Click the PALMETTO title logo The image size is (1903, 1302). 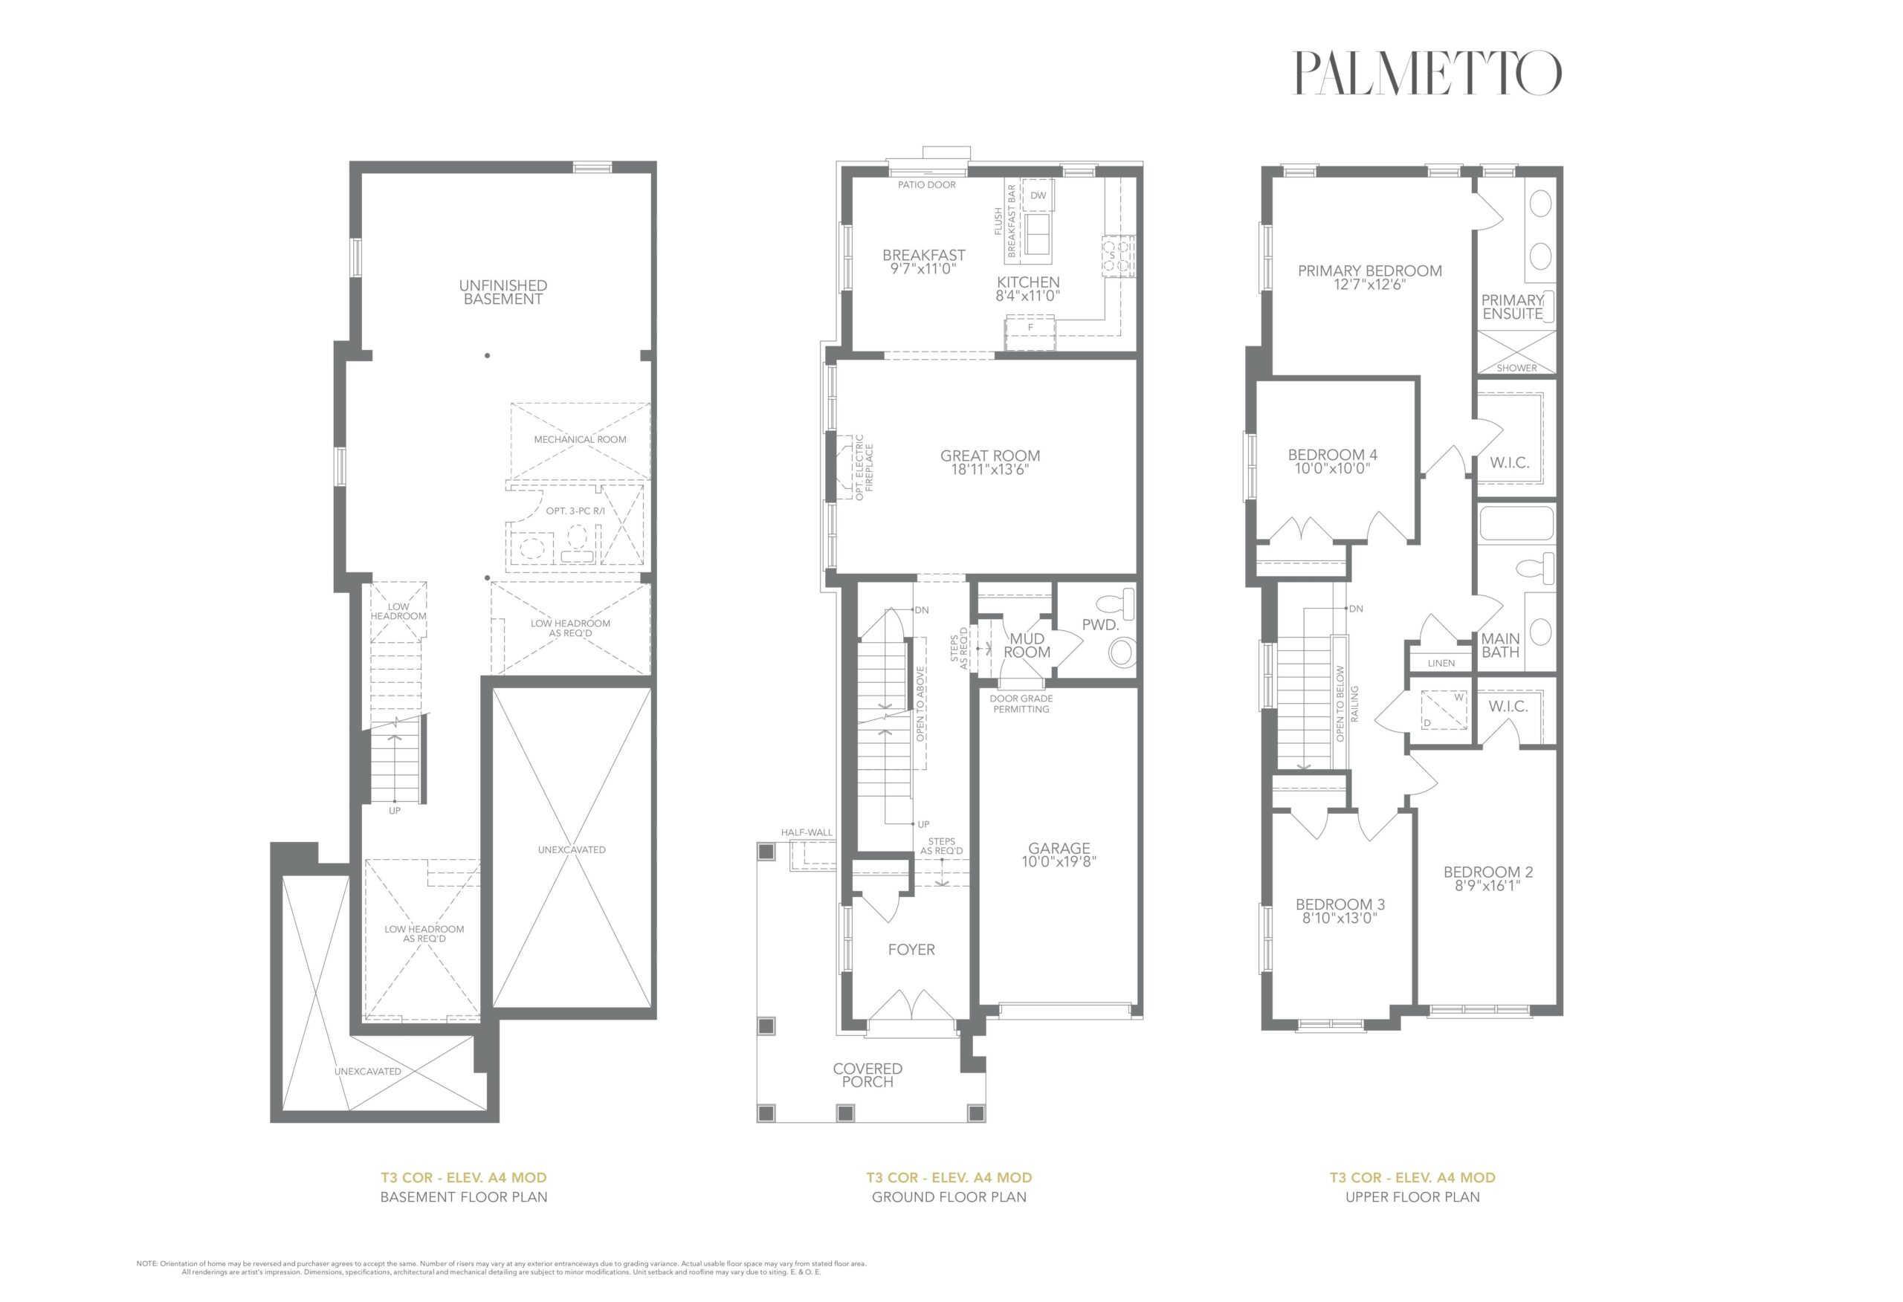(x=1427, y=73)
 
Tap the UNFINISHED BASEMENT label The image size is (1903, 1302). (x=503, y=292)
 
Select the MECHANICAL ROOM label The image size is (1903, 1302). (x=580, y=440)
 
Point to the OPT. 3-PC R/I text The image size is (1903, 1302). (x=575, y=511)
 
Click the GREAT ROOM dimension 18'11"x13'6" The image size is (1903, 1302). (x=990, y=470)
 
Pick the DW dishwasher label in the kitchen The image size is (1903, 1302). (x=1038, y=195)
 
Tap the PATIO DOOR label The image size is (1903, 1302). (x=926, y=185)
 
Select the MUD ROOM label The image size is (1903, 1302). (x=1027, y=645)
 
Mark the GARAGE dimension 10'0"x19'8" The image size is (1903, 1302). (x=1059, y=861)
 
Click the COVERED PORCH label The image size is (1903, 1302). (x=868, y=1075)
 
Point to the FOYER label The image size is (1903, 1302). (x=911, y=950)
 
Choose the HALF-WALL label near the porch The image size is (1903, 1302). (x=807, y=833)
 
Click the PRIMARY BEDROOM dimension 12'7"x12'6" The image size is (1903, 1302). (x=1369, y=285)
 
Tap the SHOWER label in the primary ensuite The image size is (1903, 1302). (x=1516, y=369)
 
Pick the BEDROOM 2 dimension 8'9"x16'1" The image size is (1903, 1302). (x=1488, y=885)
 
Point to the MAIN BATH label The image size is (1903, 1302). (x=1500, y=645)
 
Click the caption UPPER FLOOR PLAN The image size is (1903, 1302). (x=1412, y=1197)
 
